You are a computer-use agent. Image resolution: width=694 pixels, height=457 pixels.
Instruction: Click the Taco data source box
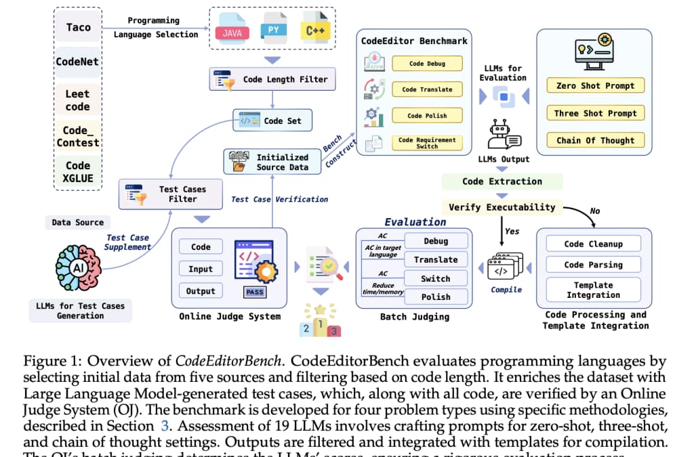pos(78,28)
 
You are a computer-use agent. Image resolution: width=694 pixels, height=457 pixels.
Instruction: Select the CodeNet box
pos(78,62)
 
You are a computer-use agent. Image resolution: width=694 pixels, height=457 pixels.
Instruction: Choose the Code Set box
pos(272,121)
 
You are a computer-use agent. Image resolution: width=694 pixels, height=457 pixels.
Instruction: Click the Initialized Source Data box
pos(272,162)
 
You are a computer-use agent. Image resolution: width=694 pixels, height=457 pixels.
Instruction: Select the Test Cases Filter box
pos(171,194)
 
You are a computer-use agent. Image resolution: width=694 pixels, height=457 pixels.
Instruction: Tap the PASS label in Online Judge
pos(255,293)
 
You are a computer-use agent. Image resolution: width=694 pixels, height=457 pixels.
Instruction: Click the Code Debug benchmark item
pos(427,64)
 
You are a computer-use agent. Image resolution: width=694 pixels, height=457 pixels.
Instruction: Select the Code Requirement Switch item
pos(427,144)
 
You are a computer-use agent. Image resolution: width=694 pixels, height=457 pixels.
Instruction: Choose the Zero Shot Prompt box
pos(595,86)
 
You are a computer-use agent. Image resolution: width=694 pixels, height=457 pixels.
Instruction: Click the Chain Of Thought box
pos(595,140)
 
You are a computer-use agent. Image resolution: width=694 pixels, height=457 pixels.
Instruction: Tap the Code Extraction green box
pos(502,181)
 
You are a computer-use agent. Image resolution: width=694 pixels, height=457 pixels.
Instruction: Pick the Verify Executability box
pos(502,207)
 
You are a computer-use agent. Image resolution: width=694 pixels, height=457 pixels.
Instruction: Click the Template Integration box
pos(593,290)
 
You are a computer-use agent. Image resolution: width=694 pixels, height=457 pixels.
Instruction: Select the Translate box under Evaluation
pos(436,259)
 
